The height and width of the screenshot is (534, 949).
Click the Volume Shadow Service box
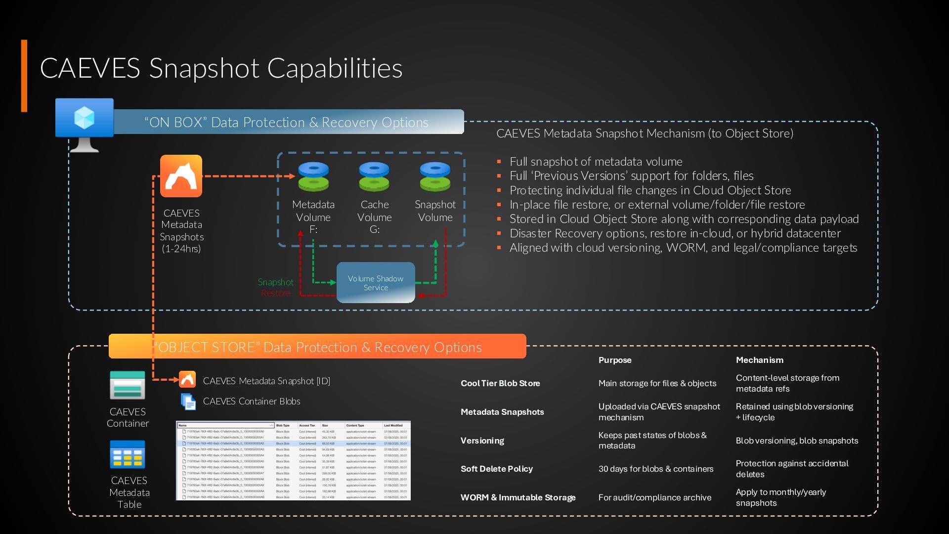tap(376, 283)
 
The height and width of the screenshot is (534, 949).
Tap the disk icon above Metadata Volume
tap(313, 177)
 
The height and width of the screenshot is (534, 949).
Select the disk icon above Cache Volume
tap(374, 177)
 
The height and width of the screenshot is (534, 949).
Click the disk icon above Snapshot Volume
tap(435, 177)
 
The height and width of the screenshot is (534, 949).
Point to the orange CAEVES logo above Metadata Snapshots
tap(181, 176)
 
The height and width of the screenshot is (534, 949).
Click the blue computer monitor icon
tap(85, 119)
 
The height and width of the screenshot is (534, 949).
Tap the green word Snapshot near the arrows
tap(275, 282)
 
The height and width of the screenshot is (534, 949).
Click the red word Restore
tap(275, 293)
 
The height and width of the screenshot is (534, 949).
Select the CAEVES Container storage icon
tap(128, 385)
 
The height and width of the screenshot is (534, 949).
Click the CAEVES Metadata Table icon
tap(128, 454)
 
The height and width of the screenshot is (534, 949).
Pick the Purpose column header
tap(615, 360)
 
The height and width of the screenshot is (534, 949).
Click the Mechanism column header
tap(759, 360)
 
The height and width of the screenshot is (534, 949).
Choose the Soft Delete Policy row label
tap(497, 469)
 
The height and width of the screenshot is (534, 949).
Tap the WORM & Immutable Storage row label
tap(518, 497)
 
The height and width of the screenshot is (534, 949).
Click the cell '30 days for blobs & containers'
tap(656, 469)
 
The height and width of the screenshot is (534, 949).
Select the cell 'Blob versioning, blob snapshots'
tap(797, 441)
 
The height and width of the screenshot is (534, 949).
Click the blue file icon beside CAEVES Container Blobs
tap(188, 401)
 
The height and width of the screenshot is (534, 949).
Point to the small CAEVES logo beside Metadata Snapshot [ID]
tap(187, 380)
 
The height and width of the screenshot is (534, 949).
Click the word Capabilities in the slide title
tap(335, 68)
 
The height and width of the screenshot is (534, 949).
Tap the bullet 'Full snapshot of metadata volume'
tap(596, 162)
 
